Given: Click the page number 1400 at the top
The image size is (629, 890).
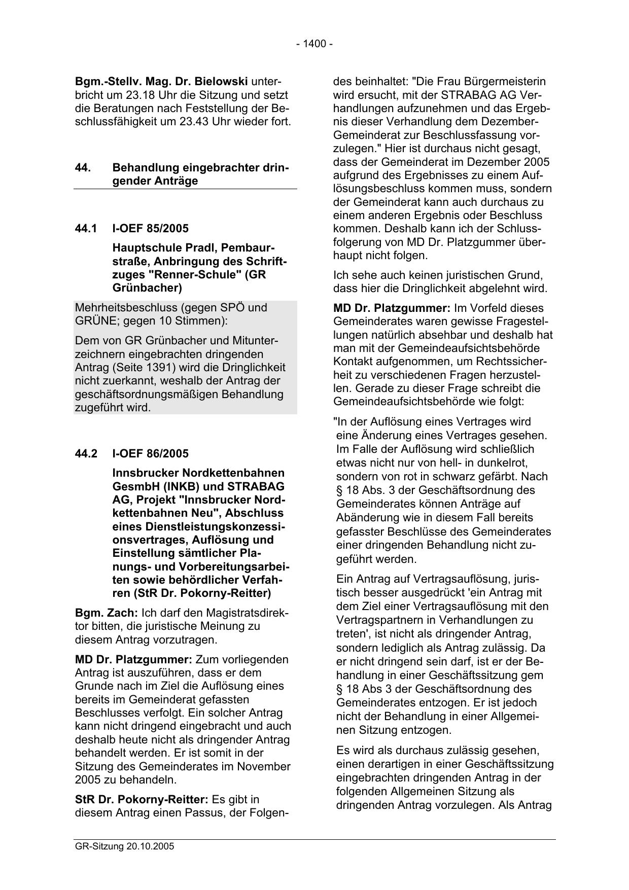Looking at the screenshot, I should (x=314, y=44).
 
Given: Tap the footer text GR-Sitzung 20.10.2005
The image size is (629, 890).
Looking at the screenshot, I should (x=124, y=846).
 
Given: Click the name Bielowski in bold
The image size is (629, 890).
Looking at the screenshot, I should (x=224, y=81).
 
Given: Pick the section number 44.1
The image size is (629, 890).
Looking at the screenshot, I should (x=86, y=229).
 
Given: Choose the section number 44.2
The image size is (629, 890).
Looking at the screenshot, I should (x=86, y=453).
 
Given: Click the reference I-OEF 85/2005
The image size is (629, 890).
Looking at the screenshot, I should (x=150, y=229).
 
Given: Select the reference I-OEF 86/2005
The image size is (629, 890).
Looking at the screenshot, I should (x=150, y=453).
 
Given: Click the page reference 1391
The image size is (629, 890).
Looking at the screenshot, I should (x=186, y=367).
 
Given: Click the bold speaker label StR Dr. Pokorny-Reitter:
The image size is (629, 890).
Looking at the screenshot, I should (x=142, y=799).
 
